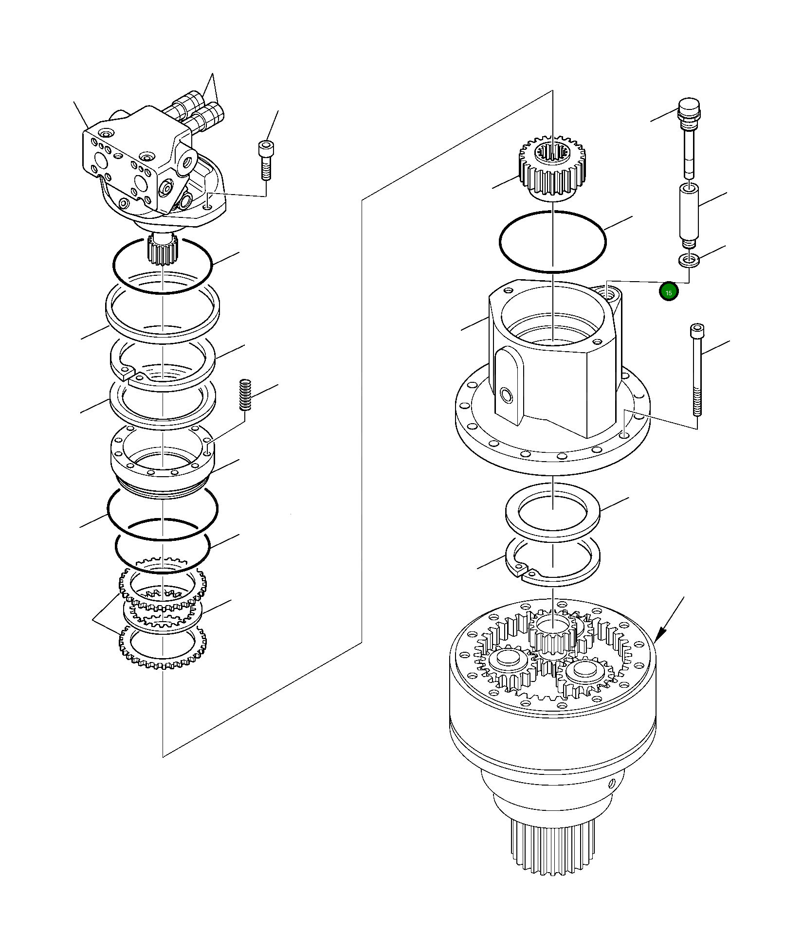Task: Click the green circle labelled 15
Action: (x=668, y=292)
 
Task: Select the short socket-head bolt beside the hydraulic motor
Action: (x=265, y=160)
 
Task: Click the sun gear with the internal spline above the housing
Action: (x=553, y=165)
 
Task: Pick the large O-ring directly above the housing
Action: (x=553, y=242)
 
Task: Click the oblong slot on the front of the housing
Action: (x=506, y=379)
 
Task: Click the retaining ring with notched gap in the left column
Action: (x=163, y=363)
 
